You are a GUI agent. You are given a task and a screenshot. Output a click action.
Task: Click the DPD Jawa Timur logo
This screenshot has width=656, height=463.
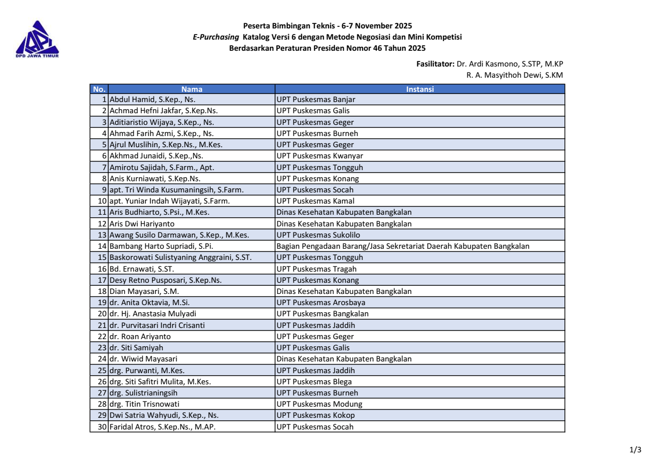tap(37, 39)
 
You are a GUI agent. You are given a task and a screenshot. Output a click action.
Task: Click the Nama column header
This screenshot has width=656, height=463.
tap(192, 89)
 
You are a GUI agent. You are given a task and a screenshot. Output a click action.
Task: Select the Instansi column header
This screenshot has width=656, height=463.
tap(420, 89)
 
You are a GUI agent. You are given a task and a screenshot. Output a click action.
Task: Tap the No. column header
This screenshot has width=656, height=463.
tap(99, 89)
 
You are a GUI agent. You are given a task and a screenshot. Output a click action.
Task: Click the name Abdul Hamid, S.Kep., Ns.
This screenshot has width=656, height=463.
tap(153, 100)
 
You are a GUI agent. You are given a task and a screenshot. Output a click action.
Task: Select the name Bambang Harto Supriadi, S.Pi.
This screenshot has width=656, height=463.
tap(161, 246)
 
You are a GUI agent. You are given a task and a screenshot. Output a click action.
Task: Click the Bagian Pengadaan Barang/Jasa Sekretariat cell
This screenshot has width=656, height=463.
tap(402, 246)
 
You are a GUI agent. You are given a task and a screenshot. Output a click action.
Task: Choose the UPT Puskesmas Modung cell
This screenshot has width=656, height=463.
tap(319, 404)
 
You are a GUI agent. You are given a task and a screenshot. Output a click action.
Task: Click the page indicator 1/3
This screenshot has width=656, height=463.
tap(635, 450)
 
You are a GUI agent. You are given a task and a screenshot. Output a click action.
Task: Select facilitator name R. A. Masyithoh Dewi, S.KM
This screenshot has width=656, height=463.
tap(515, 75)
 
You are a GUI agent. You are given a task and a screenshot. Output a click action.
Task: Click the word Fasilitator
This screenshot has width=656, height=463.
tap(435, 64)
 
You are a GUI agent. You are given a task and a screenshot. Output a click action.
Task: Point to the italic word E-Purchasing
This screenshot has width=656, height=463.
tap(216, 37)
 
